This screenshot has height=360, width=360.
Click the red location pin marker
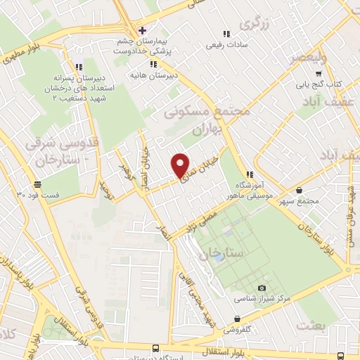181,165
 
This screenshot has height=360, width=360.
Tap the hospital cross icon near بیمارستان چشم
142,30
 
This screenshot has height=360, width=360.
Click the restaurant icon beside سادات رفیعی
226,34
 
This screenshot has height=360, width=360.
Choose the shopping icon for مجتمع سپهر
300,190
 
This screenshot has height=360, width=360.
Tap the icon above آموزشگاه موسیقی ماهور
248,174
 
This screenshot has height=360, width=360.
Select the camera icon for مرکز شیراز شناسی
262,288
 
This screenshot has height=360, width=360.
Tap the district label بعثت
314,324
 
